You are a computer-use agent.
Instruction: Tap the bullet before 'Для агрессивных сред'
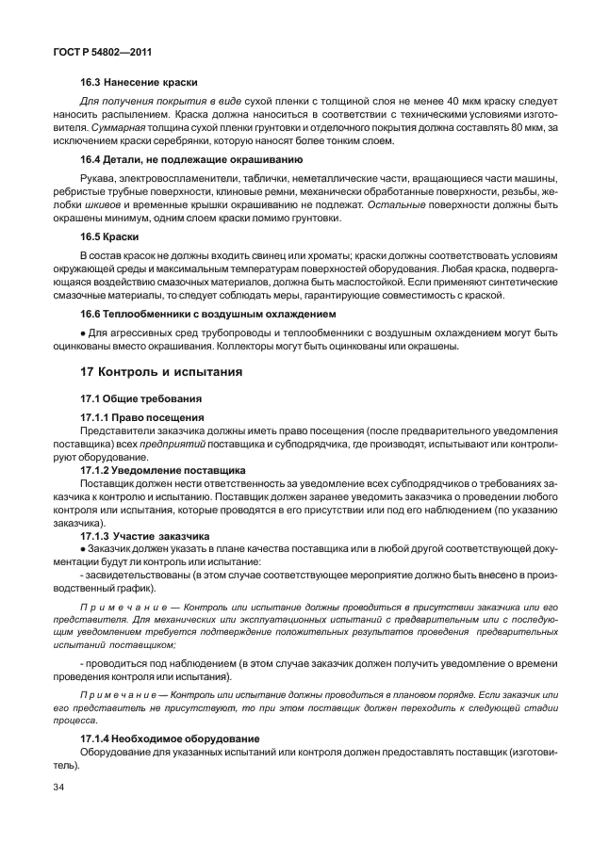(x=83, y=332)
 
